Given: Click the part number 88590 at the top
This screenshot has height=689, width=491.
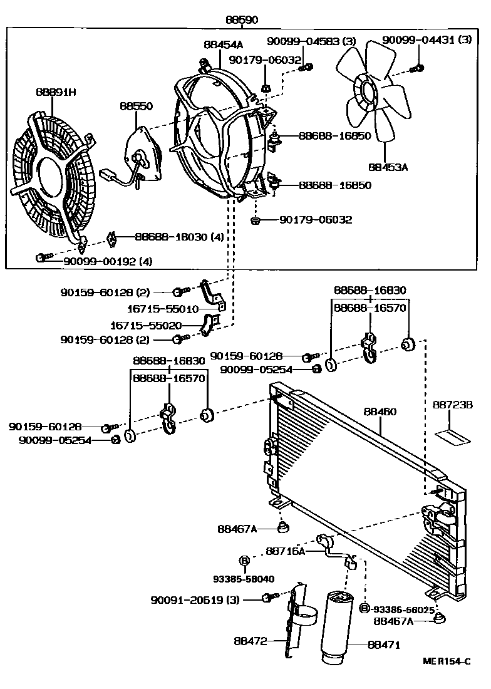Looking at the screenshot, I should click(242, 19).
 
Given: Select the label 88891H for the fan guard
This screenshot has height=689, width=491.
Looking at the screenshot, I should click(55, 92).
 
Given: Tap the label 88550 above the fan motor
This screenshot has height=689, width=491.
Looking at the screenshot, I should click(137, 106).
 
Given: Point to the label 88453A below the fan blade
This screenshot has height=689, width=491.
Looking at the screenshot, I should click(388, 167).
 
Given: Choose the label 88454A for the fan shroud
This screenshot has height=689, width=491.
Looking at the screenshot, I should click(223, 44).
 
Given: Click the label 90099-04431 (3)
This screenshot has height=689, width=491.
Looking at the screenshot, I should click(426, 40).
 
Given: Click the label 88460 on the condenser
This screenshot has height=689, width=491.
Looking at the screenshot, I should click(380, 412).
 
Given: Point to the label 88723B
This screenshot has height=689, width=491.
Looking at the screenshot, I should click(452, 405).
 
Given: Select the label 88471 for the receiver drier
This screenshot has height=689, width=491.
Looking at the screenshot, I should click(384, 645).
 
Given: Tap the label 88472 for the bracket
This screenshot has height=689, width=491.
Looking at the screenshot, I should click(252, 641).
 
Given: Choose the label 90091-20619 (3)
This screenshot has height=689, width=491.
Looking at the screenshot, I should click(195, 599).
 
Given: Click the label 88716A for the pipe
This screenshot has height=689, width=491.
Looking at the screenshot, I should click(285, 551).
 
